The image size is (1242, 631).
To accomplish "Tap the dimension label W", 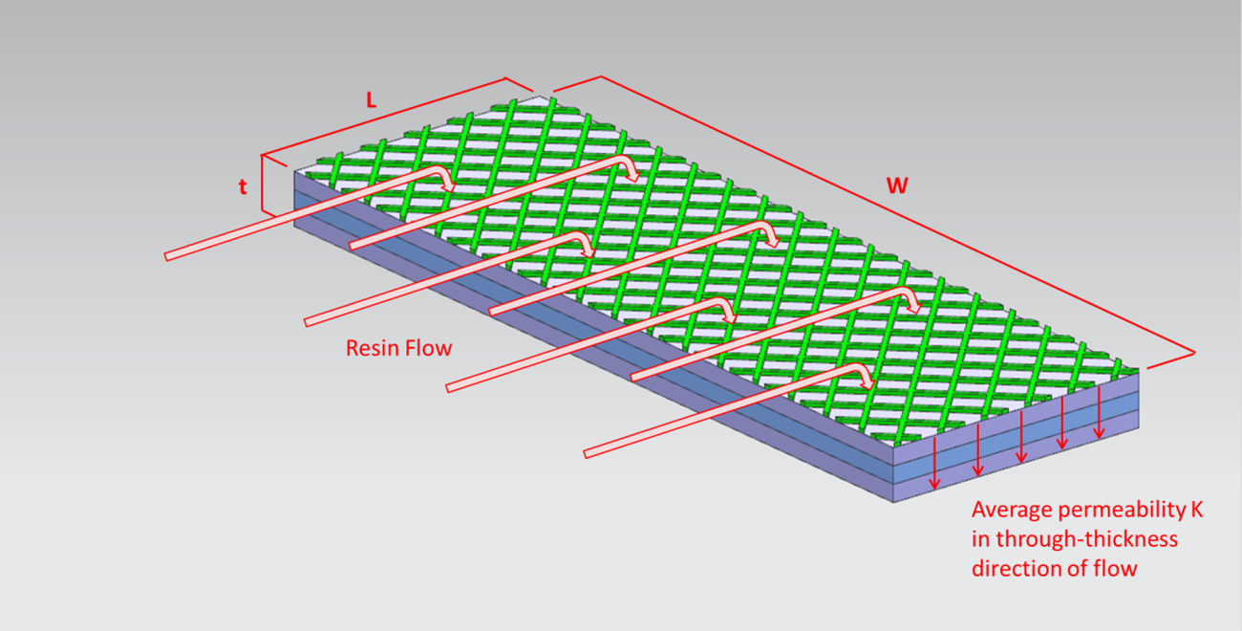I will pos(896,185).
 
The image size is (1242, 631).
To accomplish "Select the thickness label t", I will pos(243,187).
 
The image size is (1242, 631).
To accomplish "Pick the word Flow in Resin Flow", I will pos(429,348).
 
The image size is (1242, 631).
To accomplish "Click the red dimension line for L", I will pos(382,117).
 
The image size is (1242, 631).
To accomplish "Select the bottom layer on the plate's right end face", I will pos(1013,467).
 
